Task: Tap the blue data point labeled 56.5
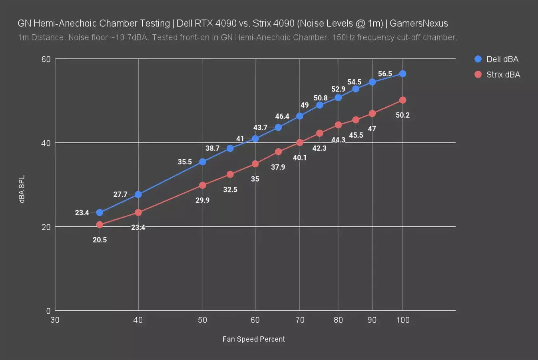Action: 403,74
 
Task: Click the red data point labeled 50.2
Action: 403,100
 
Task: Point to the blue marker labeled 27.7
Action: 138,194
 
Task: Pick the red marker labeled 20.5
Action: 100,225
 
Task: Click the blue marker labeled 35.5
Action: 203,162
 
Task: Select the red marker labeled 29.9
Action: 203,185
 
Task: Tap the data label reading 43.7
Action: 260,128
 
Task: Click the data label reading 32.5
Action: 230,190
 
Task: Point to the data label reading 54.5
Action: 354,82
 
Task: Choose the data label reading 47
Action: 372,129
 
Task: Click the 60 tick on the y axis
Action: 46,59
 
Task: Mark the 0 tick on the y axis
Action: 48,311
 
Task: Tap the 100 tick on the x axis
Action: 403,320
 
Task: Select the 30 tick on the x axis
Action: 55,320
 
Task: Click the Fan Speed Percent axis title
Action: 253,339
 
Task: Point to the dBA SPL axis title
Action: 22,189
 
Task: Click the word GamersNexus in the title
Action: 418,23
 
